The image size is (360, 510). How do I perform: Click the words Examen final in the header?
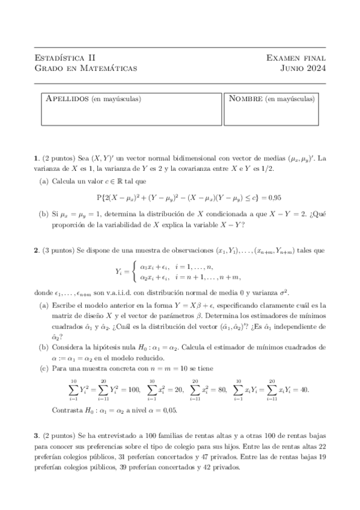click(296, 58)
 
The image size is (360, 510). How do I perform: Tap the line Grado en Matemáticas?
click(86, 69)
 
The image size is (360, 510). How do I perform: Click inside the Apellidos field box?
click(132, 114)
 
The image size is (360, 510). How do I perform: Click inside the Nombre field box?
click(274, 114)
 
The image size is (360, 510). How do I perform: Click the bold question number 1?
click(37, 159)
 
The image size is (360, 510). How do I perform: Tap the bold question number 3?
click(37, 434)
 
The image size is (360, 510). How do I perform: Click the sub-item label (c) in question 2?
click(44, 367)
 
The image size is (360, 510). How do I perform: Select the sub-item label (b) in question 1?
click(44, 214)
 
